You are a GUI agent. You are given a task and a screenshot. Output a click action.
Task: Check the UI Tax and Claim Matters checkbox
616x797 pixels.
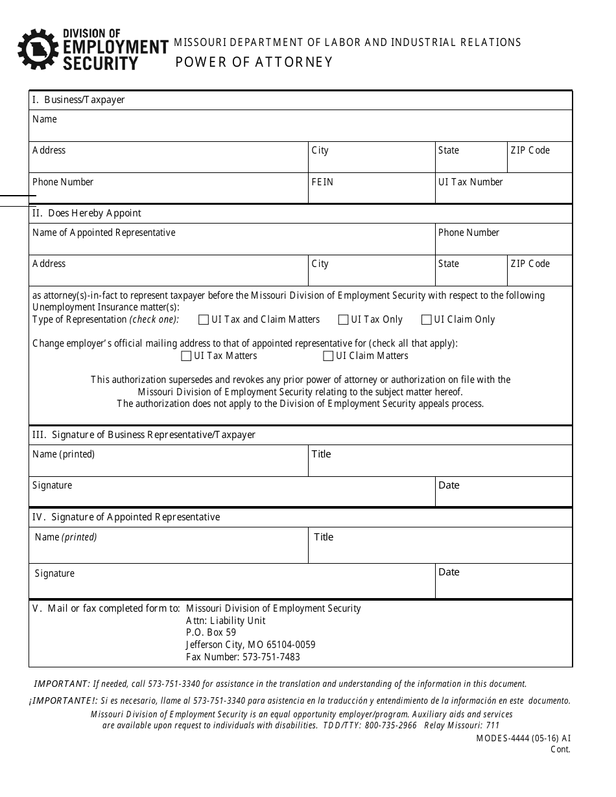point(204,319)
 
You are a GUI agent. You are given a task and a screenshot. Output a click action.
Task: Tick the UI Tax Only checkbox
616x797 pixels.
point(344,319)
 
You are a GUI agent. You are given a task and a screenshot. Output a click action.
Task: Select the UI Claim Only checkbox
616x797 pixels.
point(427,319)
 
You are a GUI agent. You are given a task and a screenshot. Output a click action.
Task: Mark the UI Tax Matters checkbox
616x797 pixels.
point(186,356)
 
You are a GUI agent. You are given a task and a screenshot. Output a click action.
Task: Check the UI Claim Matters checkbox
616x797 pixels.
point(328,356)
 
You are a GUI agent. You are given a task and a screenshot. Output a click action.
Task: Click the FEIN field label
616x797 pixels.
point(322,182)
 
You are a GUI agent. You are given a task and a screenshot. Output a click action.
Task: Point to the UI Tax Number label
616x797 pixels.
point(470,182)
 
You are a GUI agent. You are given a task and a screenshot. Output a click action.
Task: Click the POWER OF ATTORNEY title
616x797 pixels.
point(254,62)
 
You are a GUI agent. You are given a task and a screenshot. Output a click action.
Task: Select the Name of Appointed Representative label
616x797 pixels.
point(104,233)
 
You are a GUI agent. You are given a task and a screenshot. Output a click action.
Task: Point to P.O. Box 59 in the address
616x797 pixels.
point(211,632)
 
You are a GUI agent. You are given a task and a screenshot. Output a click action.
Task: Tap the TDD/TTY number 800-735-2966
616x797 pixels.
point(390,726)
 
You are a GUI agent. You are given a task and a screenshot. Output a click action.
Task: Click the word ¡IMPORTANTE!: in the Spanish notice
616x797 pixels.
point(62,700)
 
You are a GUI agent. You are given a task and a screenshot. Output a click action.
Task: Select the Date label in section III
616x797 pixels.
point(449,485)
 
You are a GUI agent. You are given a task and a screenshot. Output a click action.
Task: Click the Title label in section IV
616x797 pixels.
point(324,537)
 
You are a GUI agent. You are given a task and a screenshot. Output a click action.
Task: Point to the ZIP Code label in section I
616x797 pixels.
point(530,150)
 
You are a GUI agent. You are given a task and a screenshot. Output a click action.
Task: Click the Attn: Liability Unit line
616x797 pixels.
point(226,621)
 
